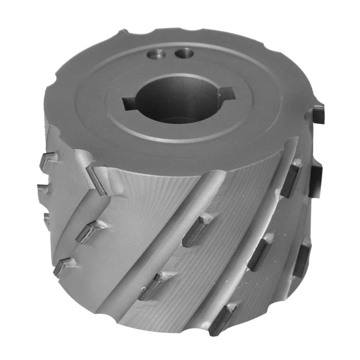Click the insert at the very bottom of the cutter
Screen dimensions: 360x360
click(222, 319)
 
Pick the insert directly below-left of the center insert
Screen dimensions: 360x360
click(153, 285)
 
